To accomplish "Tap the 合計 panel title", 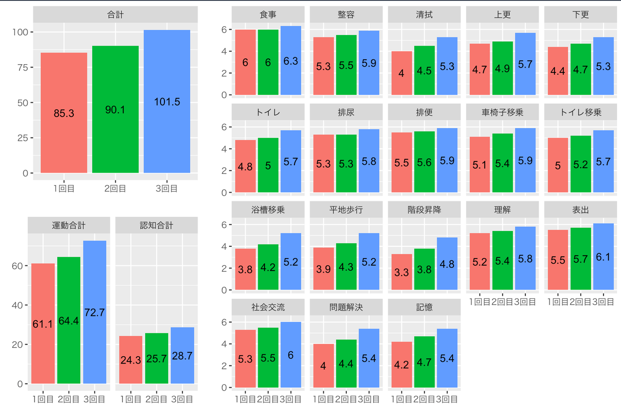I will pyautogui.click(x=115, y=15).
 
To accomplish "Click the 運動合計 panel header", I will pyautogui.click(x=69, y=225).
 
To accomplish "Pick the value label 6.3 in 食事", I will pyautogui.click(x=291, y=61).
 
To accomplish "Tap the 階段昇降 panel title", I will pyautogui.click(x=424, y=210).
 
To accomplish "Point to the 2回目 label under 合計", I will pyautogui.click(x=115, y=188).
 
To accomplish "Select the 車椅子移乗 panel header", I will pyautogui.click(x=502, y=112).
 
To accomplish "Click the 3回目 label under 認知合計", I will pyautogui.click(x=182, y=399).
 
